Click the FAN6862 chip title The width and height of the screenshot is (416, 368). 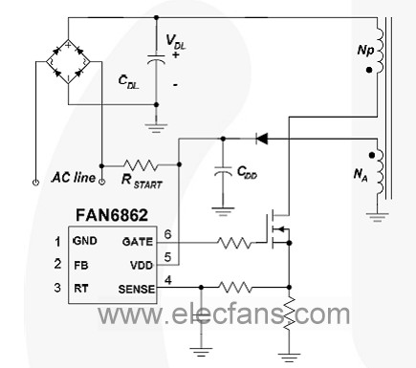pyautogui.click(x=112, y=215)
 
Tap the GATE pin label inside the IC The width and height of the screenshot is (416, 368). pyautogui.click(x=138, y=242)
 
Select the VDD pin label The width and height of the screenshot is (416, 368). pyautogui.click(x=142, y=265)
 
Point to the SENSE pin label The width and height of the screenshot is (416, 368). pyautogui.click(x=137, y=290)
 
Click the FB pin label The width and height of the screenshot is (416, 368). pyautogui.click(x=81, y=265)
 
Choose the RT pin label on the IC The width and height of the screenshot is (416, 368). pyautogui.click(x=80, y=288)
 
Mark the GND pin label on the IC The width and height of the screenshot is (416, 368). pyautogui.click(x=85, y=241)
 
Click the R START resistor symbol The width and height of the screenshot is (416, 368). pyautogui.click(x=141, y=165)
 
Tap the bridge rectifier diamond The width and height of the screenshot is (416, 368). pyautogui.click(x=68, y=61)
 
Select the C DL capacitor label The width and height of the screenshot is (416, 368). pyautogui.click(x=128, y=81)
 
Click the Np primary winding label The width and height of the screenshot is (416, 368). pyautogui.click(x=365, y=51)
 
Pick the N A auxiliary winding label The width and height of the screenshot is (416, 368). pyautogui.click(x=361, y=175)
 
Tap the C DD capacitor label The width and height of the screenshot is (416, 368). pyautogui.click(x=247, y=172)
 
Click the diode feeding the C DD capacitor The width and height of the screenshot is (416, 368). pyautogui.click(x=262, y=139)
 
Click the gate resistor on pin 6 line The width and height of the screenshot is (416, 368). pyautogui.click(x=234, y=243)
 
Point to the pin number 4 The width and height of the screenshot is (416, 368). pyautogui.click(x=168, y=280)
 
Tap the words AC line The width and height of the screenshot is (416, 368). pyautogui.click(x=74, y=177)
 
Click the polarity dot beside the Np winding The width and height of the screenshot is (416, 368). pyautogui.click(x=369, y=70)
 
